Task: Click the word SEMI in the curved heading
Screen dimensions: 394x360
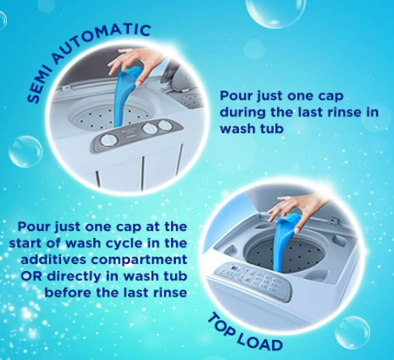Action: [38, 85]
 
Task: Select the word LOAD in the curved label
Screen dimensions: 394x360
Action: [260, 342]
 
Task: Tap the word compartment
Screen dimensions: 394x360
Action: [139, 260]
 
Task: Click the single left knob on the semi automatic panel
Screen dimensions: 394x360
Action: [109, 140]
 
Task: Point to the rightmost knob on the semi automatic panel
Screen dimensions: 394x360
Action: [165, 126]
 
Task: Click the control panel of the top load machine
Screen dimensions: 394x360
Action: [253, 280]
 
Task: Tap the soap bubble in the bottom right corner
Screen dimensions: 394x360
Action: [352, 332]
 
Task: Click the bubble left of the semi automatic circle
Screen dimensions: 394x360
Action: [25, 152]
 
